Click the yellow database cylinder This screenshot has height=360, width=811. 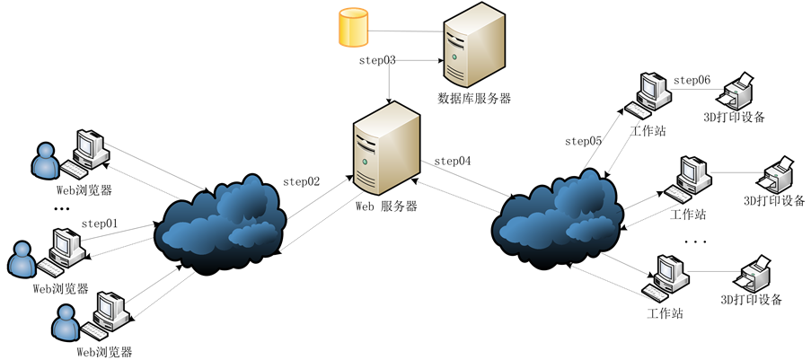pyautogui.click(x=353, y=27)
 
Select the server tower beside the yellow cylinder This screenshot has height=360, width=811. pyautogui.click(x=473, y=45)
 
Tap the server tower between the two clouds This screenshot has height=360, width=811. pyautogui.click(x=386, y=148)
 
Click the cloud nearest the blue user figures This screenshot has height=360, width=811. pyautogui.click(x=221, y=223)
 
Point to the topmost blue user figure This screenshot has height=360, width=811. pyautogui.click(x=45, y=162)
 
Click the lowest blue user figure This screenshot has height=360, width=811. pyautogui.click(x=66, y=323)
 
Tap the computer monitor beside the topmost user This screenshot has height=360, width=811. pyautogui.click(x=92, y=147)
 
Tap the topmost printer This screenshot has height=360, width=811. pyautogui.click(x=738, y=92)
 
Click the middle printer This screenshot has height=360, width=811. pyautogui.click(x=777, y=176)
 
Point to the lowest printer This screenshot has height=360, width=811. pyautogui.click(x=754, y=275)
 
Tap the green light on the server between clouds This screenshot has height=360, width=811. pyautogui.click(x=366, y=162)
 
